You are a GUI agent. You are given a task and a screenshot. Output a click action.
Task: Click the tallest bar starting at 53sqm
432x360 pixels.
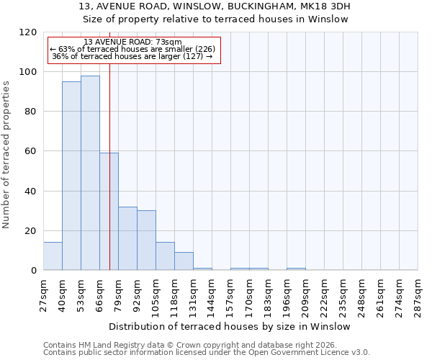click(90, 173)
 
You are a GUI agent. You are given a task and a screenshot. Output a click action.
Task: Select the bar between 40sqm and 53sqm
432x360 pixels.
click(71, 176)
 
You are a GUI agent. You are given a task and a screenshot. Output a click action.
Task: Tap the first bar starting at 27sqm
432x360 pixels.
click(53, 256)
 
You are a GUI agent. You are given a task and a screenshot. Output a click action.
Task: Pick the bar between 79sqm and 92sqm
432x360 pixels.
click(127, 238)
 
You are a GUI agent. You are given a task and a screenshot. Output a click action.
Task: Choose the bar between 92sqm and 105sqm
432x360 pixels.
click(146, 240)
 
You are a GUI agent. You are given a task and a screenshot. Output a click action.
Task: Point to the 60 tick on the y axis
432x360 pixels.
click(30, 151)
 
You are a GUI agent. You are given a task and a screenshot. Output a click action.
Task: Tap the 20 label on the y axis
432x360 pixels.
click(30, 231)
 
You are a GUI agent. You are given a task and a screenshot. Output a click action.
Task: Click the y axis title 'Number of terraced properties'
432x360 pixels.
click(6, 155)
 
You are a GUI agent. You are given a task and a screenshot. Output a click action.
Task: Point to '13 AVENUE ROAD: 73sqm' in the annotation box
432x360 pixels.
click(132, 42)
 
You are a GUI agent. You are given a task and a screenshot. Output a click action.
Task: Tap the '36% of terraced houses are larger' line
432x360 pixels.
click(132, 56)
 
